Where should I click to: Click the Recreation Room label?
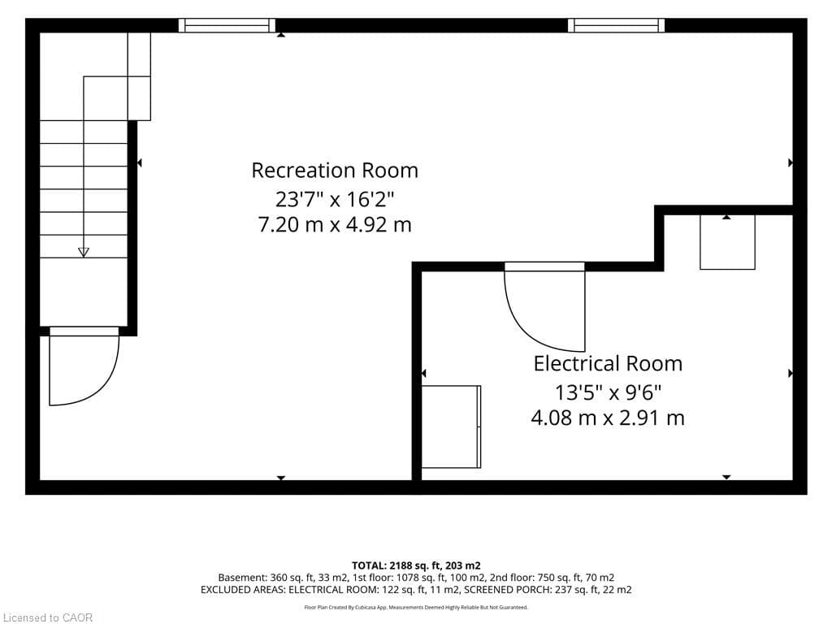pos(335,171)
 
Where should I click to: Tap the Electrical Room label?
pos(608,363)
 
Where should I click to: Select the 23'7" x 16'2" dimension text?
pos(335,200)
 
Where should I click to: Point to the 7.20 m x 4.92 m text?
pos(335,224)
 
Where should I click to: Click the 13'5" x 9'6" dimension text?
pos(608,392)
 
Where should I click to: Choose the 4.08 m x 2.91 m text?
pos(608,418)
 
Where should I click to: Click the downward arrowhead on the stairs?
pos(84,252)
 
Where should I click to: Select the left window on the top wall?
pos(227,25)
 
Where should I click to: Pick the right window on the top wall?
pos(616,25)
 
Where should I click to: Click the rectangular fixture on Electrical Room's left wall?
pos(452,427)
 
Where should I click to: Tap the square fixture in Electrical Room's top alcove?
pos(727,242)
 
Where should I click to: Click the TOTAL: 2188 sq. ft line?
pos(416,565)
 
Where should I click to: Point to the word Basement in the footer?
pos(241,578)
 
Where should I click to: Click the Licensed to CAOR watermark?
pos(46,617)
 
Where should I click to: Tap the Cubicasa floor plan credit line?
pos(416,608)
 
